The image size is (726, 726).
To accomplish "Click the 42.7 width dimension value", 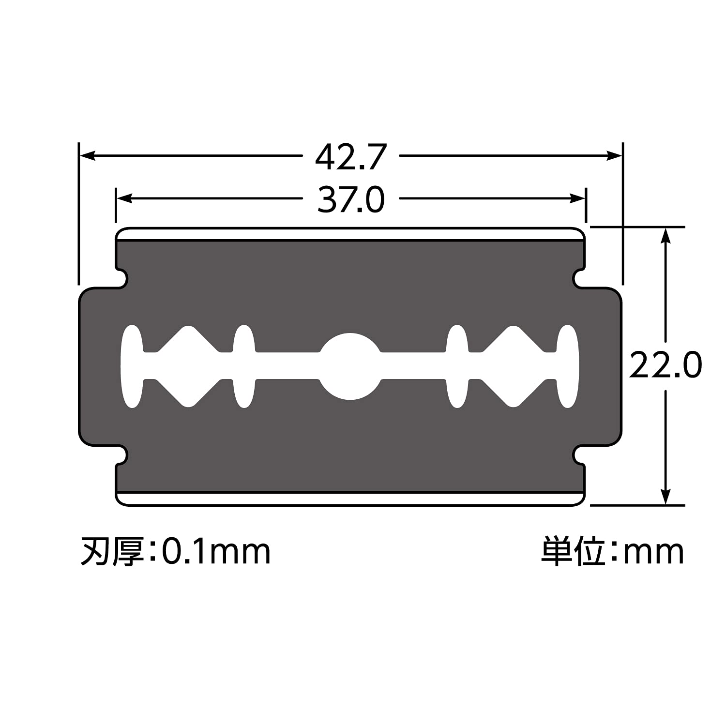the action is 351,156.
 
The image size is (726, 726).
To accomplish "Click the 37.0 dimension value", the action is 351,199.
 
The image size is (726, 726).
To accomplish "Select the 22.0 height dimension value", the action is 665,365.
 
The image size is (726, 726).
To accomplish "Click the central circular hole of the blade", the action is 350,366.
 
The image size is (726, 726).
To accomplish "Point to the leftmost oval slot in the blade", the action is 132,366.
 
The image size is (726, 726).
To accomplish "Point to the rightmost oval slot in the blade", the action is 567,366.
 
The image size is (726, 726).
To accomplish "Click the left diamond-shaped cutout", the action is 189,366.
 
